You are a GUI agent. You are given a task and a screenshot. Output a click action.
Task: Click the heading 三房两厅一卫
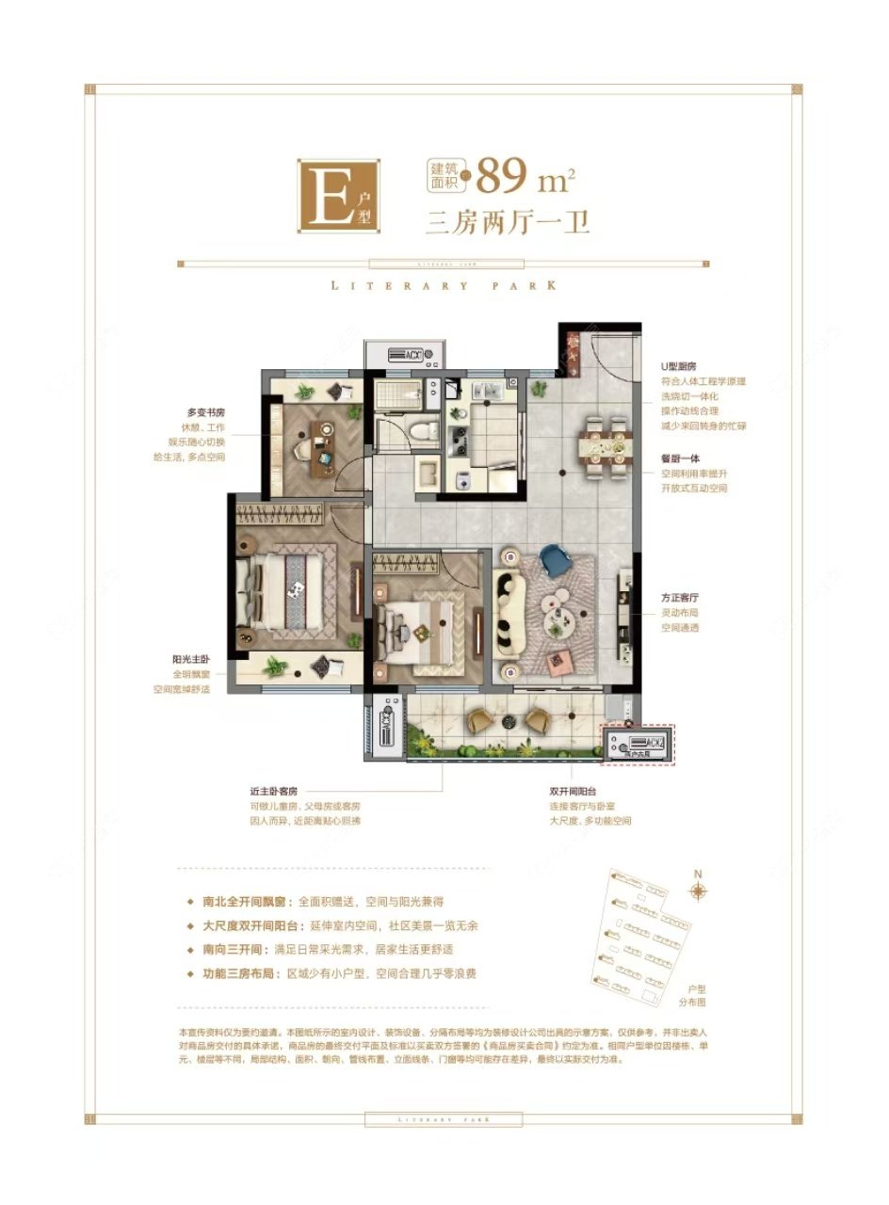tap(508, 223)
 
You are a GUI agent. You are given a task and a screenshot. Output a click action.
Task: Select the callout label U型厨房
tap(678, 365)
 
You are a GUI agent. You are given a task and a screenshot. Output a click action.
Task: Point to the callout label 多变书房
tap(205, 411)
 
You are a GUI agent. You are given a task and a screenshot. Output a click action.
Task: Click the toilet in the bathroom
tap(425, 430)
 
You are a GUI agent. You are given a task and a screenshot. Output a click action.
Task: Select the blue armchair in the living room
tap(553, 563)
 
